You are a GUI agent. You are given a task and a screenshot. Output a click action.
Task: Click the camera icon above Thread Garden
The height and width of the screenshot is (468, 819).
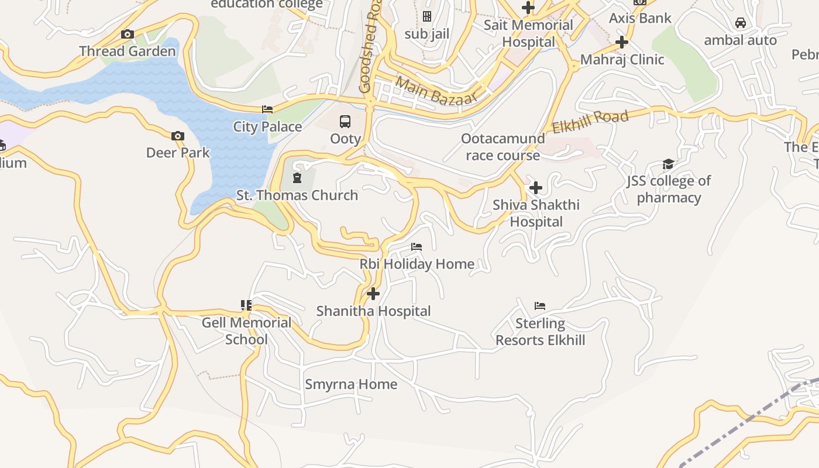128,35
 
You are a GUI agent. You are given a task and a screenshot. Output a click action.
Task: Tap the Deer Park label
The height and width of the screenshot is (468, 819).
178,153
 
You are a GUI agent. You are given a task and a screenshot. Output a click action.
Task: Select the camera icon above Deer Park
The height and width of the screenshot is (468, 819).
178,136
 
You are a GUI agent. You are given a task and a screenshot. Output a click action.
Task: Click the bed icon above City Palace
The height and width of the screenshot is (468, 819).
267,109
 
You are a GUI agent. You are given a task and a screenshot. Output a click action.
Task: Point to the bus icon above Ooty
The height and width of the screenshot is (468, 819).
345,122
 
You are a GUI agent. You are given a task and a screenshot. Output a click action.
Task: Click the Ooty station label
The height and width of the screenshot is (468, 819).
345,139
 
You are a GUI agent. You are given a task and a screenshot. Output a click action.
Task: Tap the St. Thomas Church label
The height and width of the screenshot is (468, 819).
297,195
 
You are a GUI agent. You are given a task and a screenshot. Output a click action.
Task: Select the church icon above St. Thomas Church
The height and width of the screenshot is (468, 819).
297,178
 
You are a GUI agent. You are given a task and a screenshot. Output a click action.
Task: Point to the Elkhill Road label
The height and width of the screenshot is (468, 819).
590,121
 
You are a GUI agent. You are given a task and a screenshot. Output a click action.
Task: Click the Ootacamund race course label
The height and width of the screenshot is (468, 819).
503,147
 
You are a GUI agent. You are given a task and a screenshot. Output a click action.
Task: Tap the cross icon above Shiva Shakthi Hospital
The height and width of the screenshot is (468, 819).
535,188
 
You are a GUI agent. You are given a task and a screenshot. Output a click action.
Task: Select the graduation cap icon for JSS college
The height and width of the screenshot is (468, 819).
668,164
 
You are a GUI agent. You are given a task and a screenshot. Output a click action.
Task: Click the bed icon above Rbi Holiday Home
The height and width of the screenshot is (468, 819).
417,247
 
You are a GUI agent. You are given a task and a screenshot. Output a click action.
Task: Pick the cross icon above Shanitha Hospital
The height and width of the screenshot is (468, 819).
373,294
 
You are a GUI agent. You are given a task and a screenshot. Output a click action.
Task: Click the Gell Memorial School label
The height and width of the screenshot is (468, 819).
246,331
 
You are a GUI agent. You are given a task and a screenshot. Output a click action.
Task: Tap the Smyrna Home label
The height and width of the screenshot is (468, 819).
351,384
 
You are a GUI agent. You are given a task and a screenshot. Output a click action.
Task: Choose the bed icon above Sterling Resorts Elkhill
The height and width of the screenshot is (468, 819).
540,306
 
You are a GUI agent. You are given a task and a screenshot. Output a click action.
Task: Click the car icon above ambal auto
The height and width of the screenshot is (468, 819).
740,23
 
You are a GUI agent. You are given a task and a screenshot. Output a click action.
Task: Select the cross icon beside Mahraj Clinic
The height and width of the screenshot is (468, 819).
622,42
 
